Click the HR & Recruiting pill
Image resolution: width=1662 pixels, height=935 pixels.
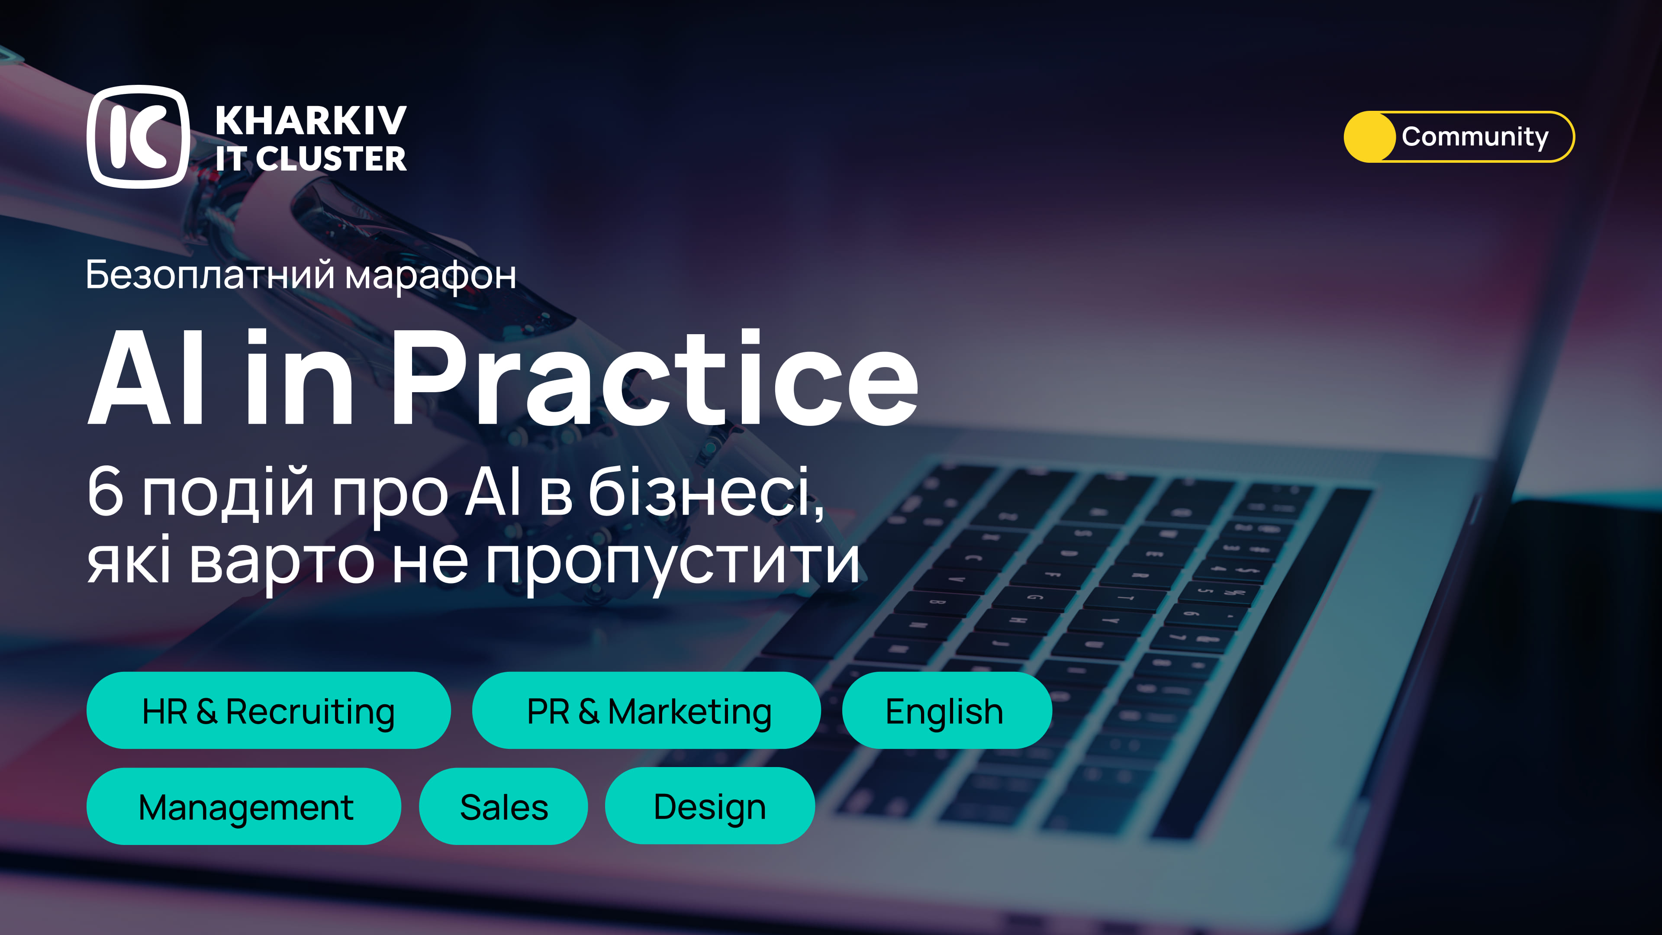[268, 710]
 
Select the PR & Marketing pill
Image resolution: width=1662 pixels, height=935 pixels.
[647, 710]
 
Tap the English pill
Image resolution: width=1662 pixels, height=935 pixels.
[947, 710]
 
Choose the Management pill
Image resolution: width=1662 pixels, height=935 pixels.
[244, 806]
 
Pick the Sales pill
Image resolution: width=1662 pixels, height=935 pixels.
[503, 806]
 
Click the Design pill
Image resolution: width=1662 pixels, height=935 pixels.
[710, 806]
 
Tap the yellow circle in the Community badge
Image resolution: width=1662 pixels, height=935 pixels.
[1369, 137]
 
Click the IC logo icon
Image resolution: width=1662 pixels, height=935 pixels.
[138, 136]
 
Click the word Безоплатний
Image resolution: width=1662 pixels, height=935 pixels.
[210, 275]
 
